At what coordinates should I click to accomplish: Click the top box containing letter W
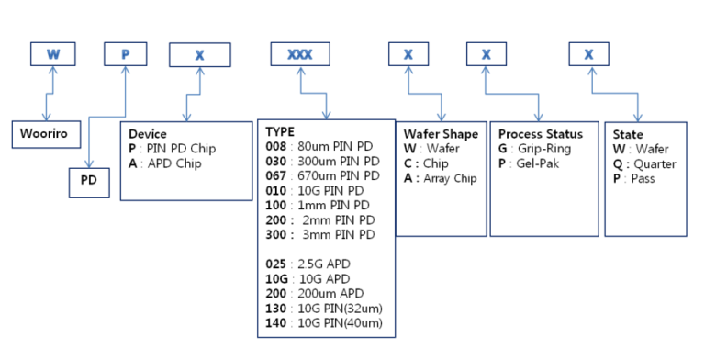52,54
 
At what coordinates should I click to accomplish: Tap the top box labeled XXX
299,54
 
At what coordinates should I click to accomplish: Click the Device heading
148,134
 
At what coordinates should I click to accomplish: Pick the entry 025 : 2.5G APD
311,264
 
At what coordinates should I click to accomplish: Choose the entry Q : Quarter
643,163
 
